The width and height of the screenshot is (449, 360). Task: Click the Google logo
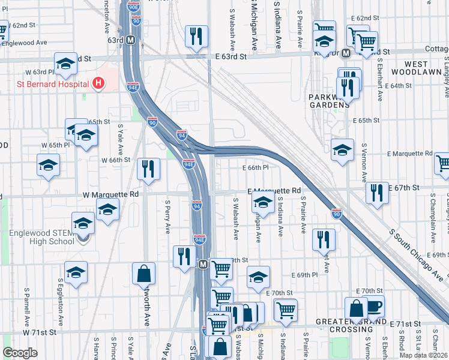(20, 353)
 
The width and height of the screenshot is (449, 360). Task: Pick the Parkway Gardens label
(328, 100)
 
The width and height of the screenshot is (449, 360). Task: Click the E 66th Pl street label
(254, 168)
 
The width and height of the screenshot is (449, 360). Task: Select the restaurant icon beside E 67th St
(376, 193)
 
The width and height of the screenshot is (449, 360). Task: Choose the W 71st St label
(40, 332)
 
